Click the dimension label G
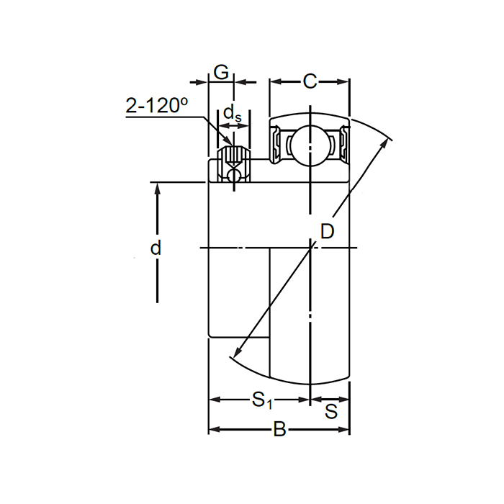coord(222,73)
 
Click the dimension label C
coord(310,81)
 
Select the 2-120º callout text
coord(156,106)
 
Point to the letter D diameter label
coord(327,232)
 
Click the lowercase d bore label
coord(156,248)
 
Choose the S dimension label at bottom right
coord(331,412)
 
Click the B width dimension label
coord(279,431)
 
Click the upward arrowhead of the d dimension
coord(156,189)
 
